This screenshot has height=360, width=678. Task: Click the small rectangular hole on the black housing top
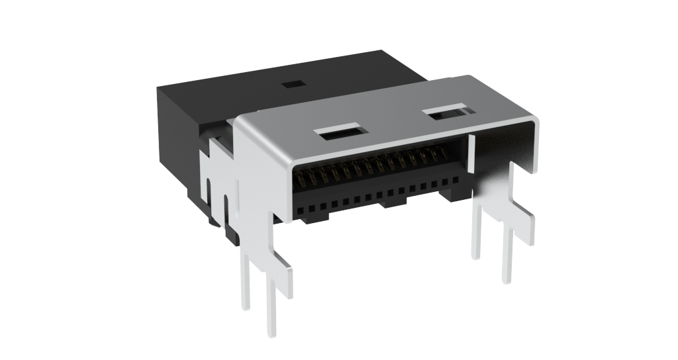click(x=291, y=85)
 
